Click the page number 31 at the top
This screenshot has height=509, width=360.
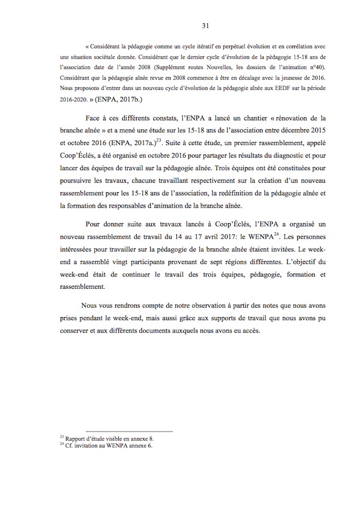(x=180, y=25)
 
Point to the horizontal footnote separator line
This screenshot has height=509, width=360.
(x=129, y=431)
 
